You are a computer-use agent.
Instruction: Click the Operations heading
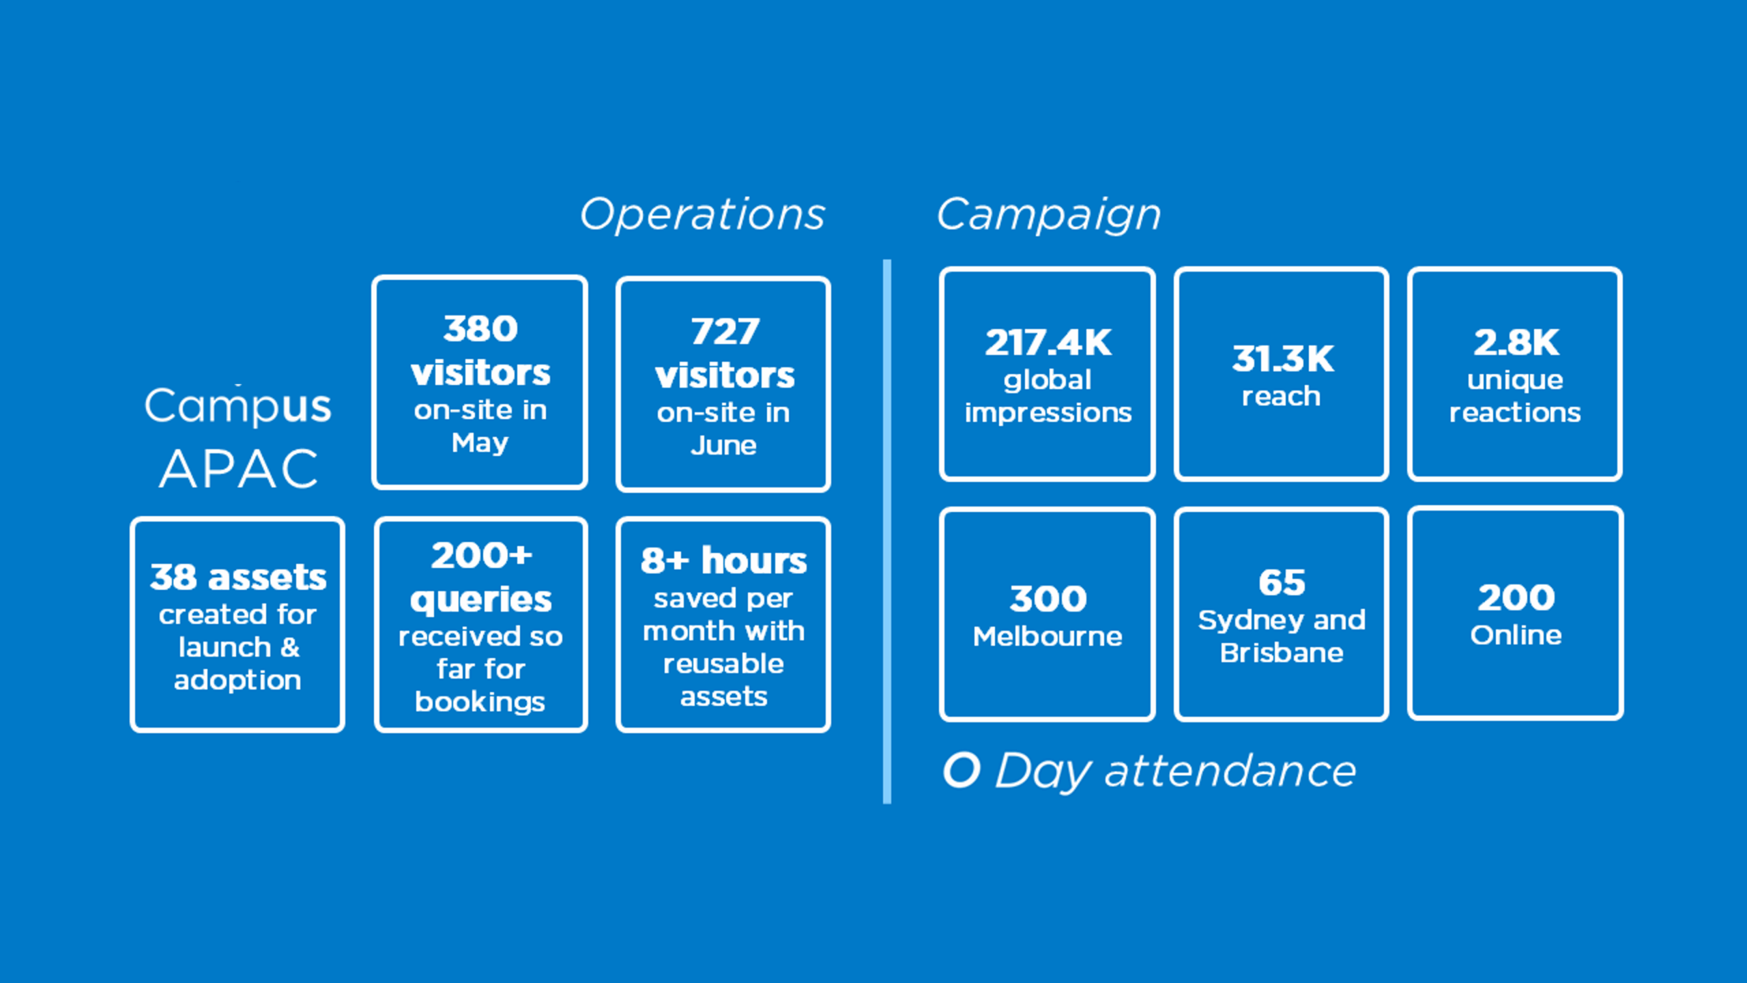click(702, 214)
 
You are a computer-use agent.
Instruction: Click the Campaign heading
click(1048, 214)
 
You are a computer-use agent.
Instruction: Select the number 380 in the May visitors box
click(480, 329)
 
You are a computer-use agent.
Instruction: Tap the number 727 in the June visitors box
click(724, 332)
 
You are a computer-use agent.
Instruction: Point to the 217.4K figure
click(1048, 343)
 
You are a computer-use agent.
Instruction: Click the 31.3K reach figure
click(1282, 359)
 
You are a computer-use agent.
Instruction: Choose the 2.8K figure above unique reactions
click(1516, 343)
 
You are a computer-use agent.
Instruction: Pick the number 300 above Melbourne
click(1048, 599)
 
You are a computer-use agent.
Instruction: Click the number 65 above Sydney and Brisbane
click(1282, 583)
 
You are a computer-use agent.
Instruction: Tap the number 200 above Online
click(1516, 598)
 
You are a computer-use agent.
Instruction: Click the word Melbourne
click(1048, 637)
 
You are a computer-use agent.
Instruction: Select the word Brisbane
click(1282, 653)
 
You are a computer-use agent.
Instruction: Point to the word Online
click(1516, 636)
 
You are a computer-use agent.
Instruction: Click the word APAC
click(239, 470)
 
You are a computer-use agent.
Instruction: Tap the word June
click(723, 446)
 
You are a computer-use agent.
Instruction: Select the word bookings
click(480, 702)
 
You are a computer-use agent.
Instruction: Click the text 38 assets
click(238, 578)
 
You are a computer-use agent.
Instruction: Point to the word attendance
click(1230, 771)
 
